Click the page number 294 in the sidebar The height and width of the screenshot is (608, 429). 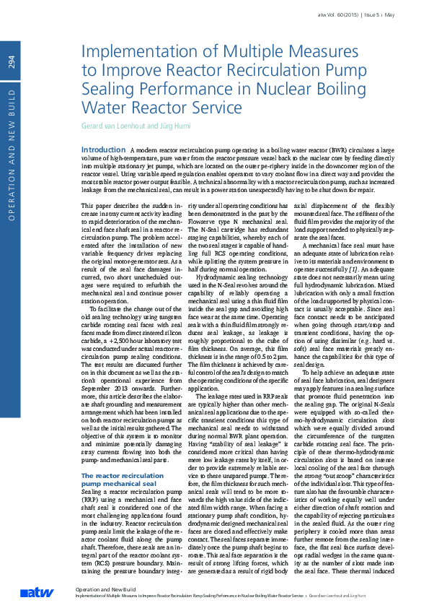[x=12, y=63]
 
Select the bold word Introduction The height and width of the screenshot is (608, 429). [x=104, y=149]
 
